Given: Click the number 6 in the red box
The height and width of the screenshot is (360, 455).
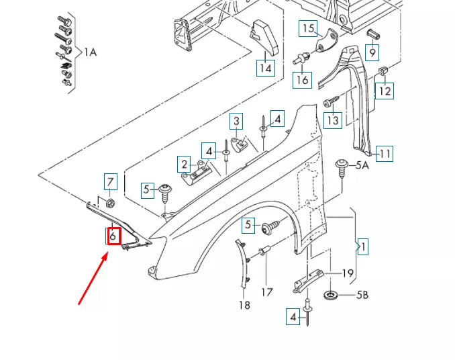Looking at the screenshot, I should (x=113, y=236).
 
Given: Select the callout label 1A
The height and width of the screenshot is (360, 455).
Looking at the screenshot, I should (x=90, y=52).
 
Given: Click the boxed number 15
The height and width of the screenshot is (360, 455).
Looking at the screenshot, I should (x=307, y=28).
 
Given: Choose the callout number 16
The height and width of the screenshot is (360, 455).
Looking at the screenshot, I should (x=303, y=79).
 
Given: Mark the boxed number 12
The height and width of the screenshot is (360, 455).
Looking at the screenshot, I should (x=384, y=89).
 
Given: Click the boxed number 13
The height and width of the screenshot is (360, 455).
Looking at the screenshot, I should (x=332, y=120).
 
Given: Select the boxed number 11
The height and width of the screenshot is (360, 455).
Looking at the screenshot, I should (x=384, y=153).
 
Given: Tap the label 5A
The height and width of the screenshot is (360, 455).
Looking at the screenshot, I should (x=362, y=165).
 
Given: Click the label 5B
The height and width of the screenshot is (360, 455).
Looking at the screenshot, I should (x=363, y=294).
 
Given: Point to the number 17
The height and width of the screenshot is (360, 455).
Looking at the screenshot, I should (x=267, y=292).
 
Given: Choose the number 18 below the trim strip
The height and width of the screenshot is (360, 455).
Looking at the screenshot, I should (x=244, y=305).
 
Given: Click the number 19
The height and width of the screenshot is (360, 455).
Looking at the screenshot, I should (x=348, y=273).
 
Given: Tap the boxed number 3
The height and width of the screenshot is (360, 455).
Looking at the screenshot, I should (x=236, y=121).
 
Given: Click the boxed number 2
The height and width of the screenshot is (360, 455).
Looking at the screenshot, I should (x=183, y=163).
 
